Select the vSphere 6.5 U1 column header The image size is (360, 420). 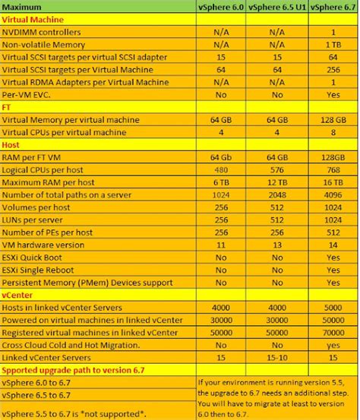coord(277,7)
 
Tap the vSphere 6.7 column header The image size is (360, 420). coord(334,7)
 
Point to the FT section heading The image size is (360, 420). coord(8,107)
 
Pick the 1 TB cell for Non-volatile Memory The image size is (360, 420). coord(334,45)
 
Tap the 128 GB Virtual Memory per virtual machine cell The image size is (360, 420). coord(334,120)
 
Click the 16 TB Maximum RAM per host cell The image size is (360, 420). coord(334,182)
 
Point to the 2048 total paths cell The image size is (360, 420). coord(277,194)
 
